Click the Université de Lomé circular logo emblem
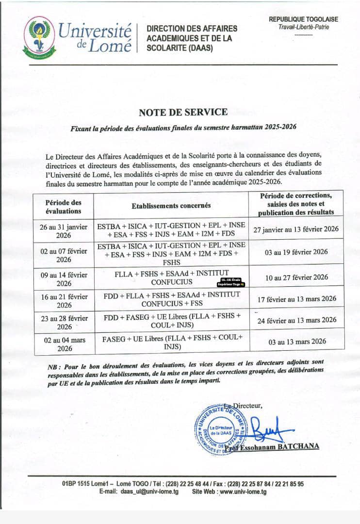(39, 37)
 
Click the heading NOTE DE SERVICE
(183, 112)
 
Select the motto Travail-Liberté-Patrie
(304, 27)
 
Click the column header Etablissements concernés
(171, 206)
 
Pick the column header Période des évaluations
(64, 206)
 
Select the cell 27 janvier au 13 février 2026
(296, 229)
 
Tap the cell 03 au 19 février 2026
(296, 252)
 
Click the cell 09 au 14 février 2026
(64, 278)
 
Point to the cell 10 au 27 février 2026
(296, 278)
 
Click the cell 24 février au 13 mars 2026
(296, 320)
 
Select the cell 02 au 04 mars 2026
(64, 344)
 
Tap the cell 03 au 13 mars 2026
(296, 341)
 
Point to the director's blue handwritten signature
(269, 429)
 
